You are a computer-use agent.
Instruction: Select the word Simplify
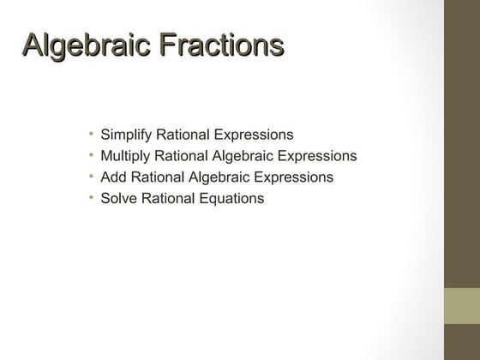(125, 135)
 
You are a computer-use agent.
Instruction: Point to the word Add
(113, 177)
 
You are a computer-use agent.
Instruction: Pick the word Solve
(118, 199)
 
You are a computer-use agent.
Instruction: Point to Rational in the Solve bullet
(165, 199)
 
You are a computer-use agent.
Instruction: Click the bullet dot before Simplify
(91, 135)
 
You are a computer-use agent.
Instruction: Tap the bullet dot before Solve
(91, 198)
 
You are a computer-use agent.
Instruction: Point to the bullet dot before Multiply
(91, 156)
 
